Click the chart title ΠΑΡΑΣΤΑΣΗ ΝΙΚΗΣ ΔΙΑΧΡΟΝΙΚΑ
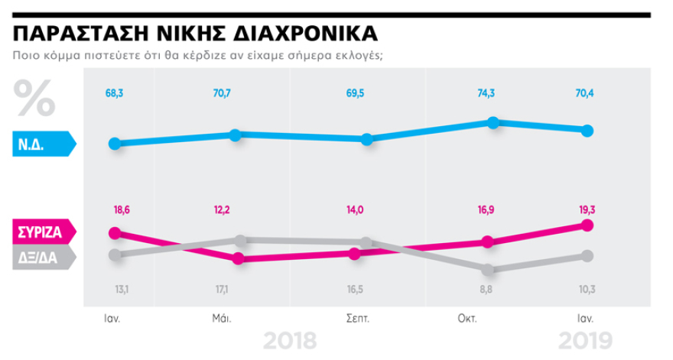click(x=195, y=34)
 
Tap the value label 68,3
click(x=115, y=93)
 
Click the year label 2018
click(x=290, y=341)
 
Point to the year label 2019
click(x=586, y=341)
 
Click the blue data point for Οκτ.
click(x=493, y=123)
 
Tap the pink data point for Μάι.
click(x=238, y=258)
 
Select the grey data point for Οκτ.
click(x=488, y=269)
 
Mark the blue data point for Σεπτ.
click(x=366, y=139)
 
